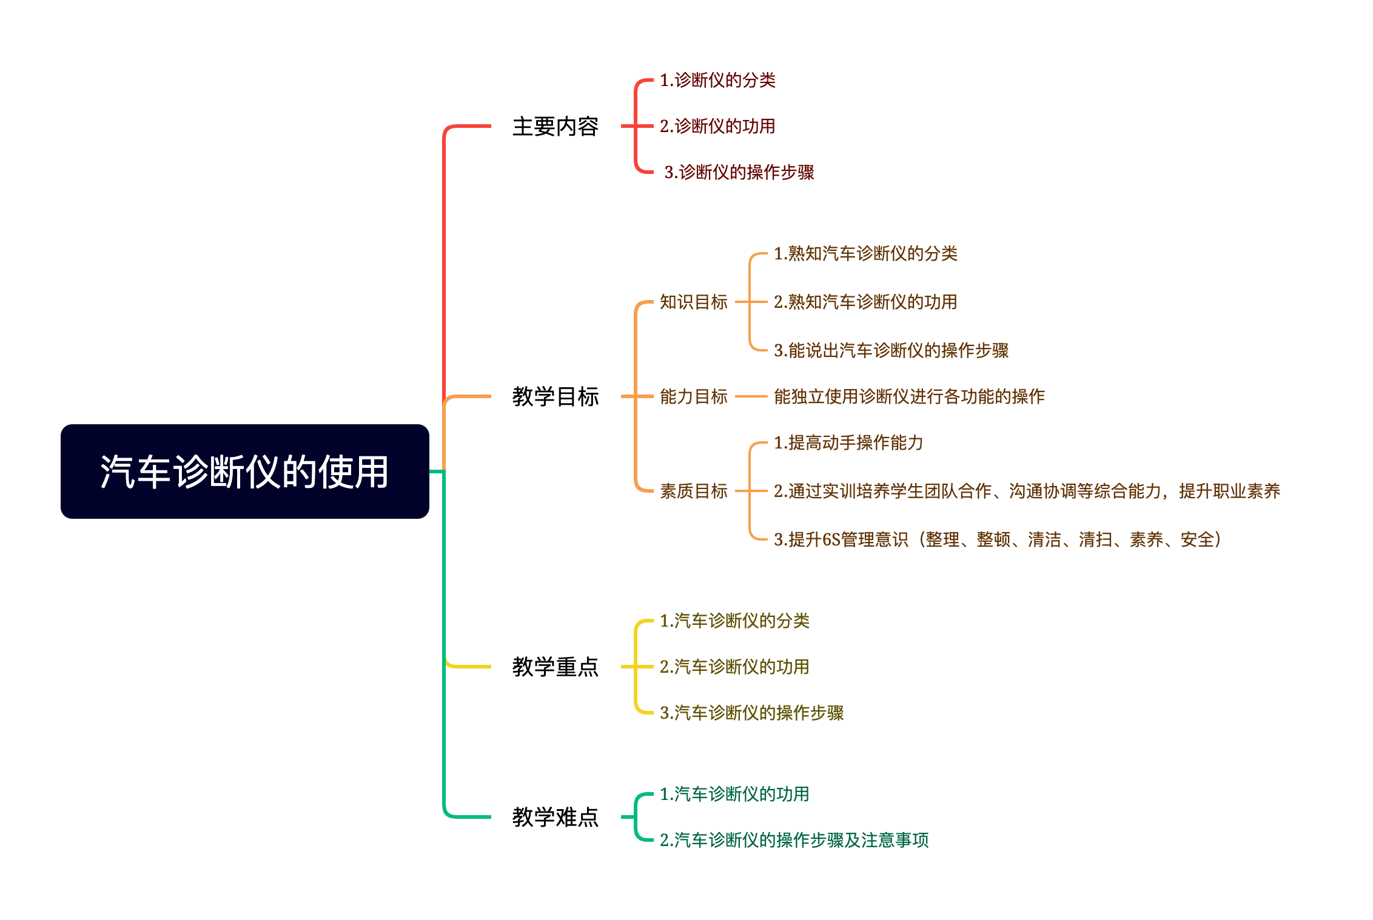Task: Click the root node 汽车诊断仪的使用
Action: pos(244,472)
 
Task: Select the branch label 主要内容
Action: pos(555,127)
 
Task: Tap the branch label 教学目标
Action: pos(555,397)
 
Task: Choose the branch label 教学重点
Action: pos(555,667)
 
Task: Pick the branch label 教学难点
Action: pos(555,817)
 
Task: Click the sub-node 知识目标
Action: pos(693,302)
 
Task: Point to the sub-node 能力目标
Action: pos(693,396)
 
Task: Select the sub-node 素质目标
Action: pos(693,491)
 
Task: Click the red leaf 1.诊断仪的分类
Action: pos(717,80)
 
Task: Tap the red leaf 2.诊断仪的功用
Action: pos(717,126)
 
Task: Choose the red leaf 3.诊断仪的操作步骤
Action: pos(739,172)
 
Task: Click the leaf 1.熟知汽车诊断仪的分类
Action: pos(865,253)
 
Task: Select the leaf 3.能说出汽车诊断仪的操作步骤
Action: pos(891,350)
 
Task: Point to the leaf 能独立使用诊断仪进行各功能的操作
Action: pos(909,396)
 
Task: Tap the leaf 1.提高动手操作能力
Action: pos(848,442)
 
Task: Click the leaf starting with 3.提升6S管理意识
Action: pos(998,539)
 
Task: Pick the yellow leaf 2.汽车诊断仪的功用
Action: pos(734,667)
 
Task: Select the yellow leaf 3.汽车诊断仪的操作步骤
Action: pos(751,713)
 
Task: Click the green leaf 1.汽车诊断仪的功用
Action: pos(734,794)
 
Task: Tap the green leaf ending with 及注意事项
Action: pos(794,840)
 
